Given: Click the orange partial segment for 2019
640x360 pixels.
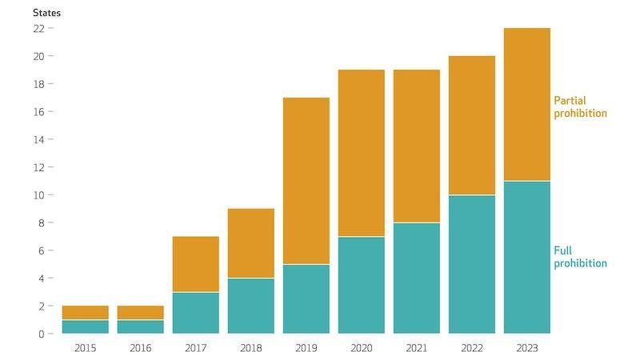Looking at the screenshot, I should click(306, 181).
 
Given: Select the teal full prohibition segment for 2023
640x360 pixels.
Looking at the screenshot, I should click(527, 257).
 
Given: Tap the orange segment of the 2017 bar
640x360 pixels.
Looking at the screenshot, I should click(195, 264).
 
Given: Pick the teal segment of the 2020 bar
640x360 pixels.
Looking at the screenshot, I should click(362, 285).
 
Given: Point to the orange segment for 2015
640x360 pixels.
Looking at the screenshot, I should click(85, 313).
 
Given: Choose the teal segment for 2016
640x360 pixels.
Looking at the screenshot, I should click(140, 326).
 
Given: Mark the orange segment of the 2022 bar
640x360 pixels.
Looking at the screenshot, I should click(472, 126).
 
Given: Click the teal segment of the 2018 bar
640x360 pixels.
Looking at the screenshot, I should click(250, 306).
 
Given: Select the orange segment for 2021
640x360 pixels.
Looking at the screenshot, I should click(417, 146).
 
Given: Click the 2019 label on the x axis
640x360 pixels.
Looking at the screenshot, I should click(306, 348).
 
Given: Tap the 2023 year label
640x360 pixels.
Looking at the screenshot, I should click(527, 348).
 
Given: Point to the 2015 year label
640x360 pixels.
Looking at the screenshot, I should click(85, 348).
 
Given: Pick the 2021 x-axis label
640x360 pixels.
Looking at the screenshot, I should click(417, 348).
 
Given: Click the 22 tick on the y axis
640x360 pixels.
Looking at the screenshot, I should click(38, 28).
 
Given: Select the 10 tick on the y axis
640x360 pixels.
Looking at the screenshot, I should click(38, 195).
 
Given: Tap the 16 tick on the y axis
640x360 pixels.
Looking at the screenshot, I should click(38, 112).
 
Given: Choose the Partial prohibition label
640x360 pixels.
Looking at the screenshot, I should click(580, 107).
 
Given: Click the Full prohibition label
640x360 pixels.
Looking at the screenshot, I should click(580, 257).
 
